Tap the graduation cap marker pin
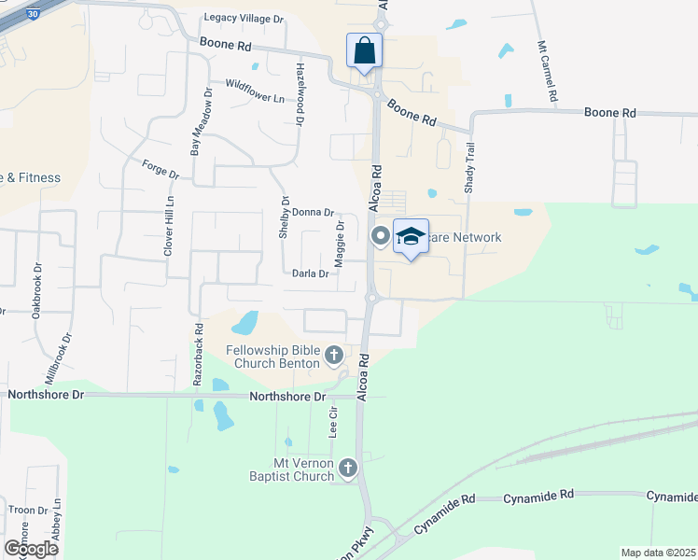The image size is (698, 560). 411,236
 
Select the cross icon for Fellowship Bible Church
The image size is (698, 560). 334,355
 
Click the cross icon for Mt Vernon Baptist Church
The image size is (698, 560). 348,468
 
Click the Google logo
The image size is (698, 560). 31,548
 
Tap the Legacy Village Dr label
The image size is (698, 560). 244,19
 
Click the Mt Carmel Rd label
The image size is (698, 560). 547,71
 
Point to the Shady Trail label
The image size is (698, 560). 470,169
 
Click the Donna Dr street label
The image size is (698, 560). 313,213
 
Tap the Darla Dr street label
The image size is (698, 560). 311,274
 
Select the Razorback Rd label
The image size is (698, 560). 198,355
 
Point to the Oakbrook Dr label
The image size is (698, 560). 37,290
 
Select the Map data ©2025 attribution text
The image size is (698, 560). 657,553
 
